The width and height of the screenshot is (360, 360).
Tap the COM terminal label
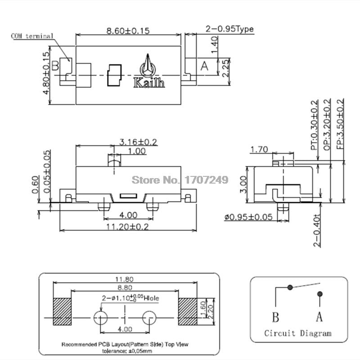pyautogui.click(x=32, y=36)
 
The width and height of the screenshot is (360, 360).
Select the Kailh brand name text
pyautogui.click(x=149, y=83)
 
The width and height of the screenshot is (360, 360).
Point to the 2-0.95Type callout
pyautogui.click(x=229, y=29)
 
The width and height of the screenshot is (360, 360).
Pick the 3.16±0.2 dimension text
pyautogui.click(x=138, y=142)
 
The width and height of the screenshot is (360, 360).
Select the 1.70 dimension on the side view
pyautogui.click(x=259, y=149)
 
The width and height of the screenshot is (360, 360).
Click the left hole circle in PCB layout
pyautogui.click(x=100, y=317)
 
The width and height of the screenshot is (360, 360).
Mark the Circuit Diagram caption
pyautogui.click(x=298, y=333)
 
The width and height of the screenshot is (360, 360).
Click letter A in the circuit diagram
pyautogui.click(x=319, y=317)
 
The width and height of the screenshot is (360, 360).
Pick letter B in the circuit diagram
pyautogui.click(x=275, y=317)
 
